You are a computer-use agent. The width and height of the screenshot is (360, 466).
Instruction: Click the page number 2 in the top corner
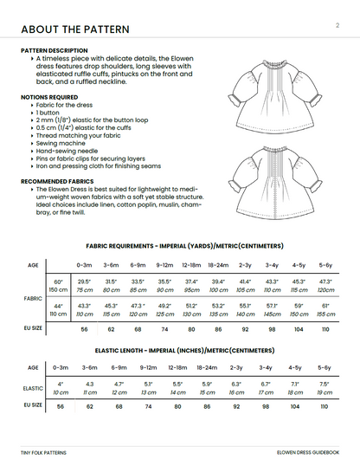pos(336,26)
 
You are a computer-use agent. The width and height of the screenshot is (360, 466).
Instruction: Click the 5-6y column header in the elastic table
pos(325,367)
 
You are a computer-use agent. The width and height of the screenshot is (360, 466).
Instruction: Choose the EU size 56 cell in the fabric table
pos(85,329)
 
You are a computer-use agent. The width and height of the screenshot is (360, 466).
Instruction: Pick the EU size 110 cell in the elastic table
pos(325,405)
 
